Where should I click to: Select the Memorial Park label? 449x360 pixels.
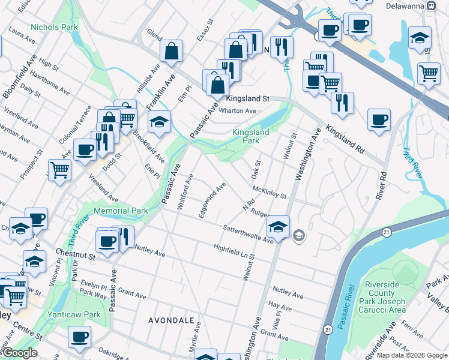point(121,211)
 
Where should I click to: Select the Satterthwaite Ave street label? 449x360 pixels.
point(248,234)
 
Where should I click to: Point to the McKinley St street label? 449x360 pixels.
point(270,192)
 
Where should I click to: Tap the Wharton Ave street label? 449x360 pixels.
point(237,110)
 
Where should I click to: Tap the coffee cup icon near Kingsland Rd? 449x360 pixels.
point(379,120)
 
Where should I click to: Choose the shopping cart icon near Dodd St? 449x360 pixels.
point(59,170)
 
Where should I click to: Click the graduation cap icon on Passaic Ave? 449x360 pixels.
point(159,122)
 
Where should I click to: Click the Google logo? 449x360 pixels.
point(19,353)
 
